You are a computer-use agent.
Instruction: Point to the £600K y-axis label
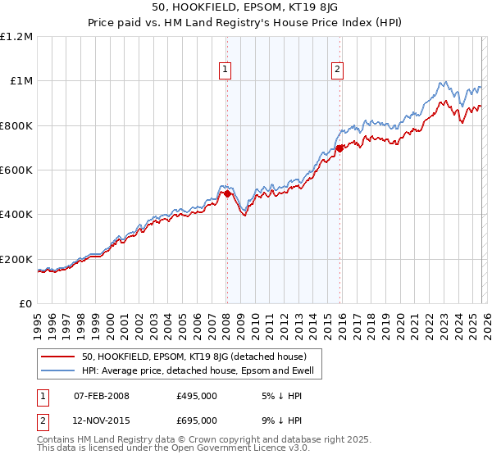(16, 170)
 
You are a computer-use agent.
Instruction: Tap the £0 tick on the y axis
(25, 304)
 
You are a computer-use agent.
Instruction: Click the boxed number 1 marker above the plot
(225, 70)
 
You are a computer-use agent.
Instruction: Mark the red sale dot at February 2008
(227, 194)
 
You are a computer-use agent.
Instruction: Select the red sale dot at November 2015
(339, 149)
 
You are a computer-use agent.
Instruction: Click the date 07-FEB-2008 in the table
(102, 396)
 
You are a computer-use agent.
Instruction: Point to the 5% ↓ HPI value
(280, 396)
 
